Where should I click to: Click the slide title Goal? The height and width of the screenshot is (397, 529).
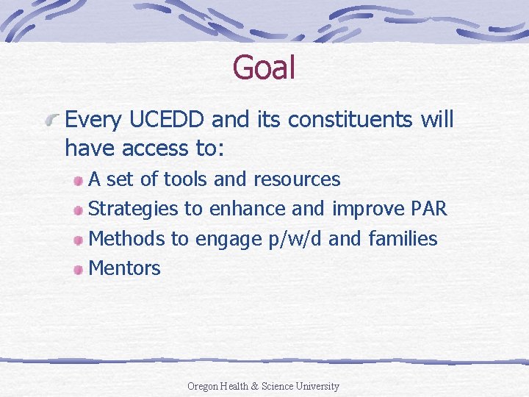[264, 68]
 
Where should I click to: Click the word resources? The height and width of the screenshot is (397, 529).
[297, 179]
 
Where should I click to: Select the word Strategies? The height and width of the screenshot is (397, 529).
[133, 209]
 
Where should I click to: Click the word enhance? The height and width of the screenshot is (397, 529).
[248, 209]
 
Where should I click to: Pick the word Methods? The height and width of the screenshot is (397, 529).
[127, 239]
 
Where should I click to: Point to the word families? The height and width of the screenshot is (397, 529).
[403, 239]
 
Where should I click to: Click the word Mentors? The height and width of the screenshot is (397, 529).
[124, 268]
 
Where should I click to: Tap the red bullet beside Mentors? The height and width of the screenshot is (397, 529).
[79, 269]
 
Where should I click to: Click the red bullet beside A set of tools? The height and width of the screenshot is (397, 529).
[79, 180]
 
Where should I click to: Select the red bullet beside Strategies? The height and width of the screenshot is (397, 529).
[79, 210]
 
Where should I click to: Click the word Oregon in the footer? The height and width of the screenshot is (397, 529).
[204, 386]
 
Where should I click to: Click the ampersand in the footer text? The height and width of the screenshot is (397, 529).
[255, 386]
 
